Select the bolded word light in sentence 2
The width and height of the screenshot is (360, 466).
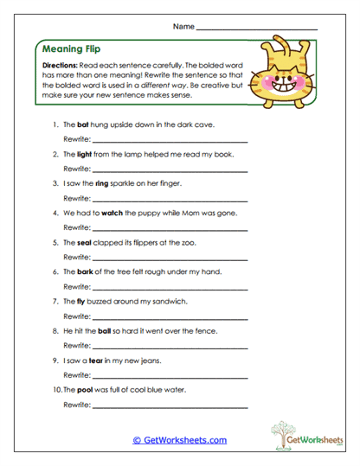point(84,154)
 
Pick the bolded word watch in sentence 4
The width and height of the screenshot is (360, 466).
point(112,213)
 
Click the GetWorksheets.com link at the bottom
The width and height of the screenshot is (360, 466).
point(179,440)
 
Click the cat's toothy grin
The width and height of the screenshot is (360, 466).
point(283,86)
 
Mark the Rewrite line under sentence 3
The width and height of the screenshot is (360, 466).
point(170,198)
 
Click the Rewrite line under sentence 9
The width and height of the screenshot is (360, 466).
point(170,374)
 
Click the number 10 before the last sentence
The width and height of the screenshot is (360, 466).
point(56,389)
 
